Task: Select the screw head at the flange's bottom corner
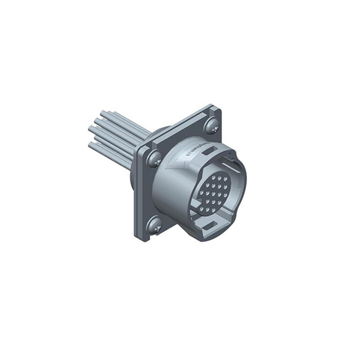click(154, 227)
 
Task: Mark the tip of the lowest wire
click(91, 145)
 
